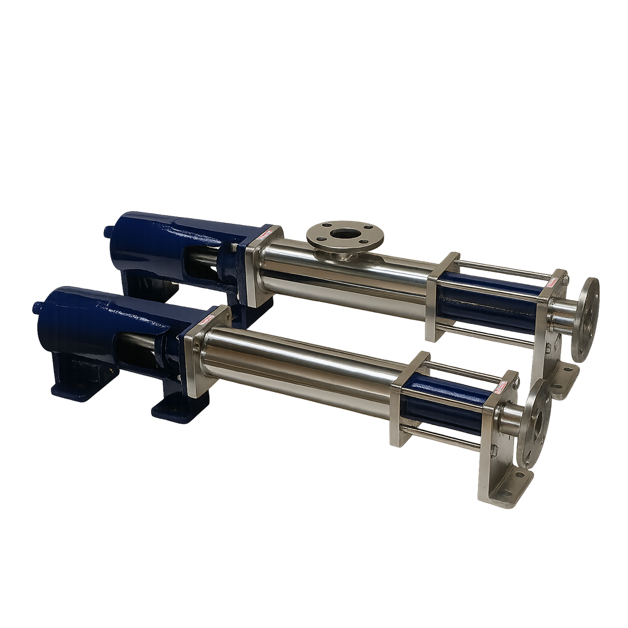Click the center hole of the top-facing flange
[346, 234]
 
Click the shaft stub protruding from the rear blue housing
[108, 231]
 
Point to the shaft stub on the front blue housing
[38, 306]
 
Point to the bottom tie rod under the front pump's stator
[442, 437]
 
